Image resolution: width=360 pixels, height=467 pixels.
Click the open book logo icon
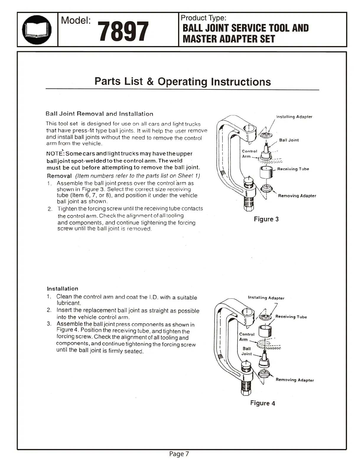click(x=37, y=30)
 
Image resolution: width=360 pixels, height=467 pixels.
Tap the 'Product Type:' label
click(x=203, y=18)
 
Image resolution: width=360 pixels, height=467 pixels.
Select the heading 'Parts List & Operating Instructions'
click(x=183, y=81)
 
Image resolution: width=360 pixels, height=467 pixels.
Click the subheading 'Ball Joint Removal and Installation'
click(x=99, y=114)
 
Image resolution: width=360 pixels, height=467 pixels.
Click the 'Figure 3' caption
click(x=266, y=219)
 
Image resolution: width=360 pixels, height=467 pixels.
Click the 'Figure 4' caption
click(x=263, y=403)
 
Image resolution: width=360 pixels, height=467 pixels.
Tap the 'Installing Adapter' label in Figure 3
click(x=294, y=117)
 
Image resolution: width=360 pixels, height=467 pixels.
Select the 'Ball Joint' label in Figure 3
click(x=289, y=140)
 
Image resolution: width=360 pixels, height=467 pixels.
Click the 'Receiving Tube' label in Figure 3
click(x=293, y=169)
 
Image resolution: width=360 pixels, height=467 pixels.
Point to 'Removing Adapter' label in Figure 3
click(x=297, y=196)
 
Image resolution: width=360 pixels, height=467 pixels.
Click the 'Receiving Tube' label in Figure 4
click(x=291, y=317)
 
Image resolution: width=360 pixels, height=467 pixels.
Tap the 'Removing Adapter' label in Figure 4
click(x=295, y=380)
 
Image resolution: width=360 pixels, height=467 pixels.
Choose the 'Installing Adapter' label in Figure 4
click(x=266, y=298)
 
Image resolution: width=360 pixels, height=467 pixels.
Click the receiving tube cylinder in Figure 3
click(x=267, y=172)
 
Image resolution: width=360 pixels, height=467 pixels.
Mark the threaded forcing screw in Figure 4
click(x=246, y=388)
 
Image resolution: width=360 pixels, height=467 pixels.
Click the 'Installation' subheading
click(x=63, y=289)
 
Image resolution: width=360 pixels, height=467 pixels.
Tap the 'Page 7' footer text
click(x=179, y=454)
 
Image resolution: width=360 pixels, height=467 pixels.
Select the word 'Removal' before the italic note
click(x=59, y=176)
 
